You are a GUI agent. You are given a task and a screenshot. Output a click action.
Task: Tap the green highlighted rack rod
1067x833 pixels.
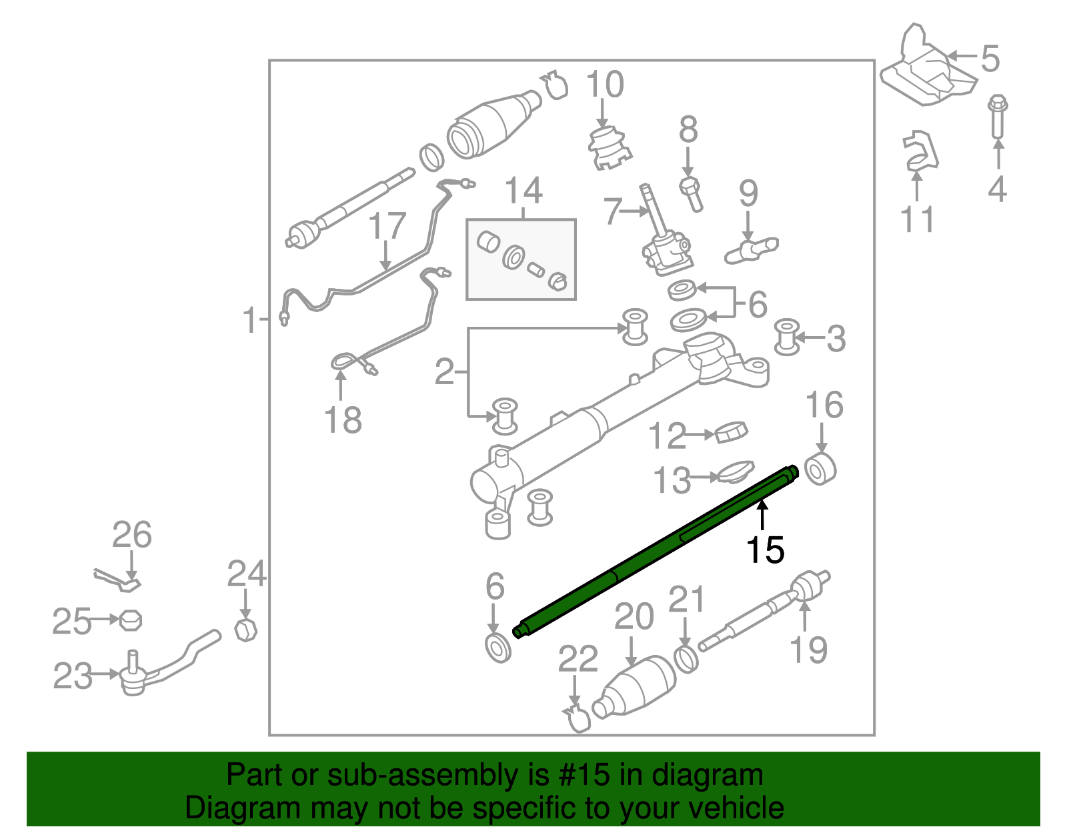(x=656, y=552)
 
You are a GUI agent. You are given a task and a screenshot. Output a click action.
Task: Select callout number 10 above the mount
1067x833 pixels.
(x=605, y=84)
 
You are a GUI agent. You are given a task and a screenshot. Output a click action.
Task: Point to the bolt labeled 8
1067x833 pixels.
(x=692, y=194)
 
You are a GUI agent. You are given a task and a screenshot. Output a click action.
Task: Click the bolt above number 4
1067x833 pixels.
(x=997, y=117)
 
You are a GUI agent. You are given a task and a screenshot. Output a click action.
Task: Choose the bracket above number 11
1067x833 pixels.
(x=920, y=151)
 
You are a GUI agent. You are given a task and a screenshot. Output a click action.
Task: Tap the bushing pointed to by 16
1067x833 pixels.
(x=820, y=470)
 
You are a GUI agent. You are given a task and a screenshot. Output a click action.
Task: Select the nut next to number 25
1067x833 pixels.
(x=131, y=620)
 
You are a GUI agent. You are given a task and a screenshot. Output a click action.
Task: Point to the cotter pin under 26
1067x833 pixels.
(x=117, y=580)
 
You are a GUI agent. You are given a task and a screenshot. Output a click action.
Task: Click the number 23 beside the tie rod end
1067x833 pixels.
(x=72, y=676)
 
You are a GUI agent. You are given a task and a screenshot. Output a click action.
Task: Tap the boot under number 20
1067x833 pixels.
(x=634, y=688)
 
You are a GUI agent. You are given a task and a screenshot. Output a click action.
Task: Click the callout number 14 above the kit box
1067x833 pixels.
(x=523, y=191)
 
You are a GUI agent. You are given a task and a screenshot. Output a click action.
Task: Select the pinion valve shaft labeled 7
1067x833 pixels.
(x=666, y=229)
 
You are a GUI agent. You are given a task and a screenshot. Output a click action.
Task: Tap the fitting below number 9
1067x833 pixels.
(x=752, y=249)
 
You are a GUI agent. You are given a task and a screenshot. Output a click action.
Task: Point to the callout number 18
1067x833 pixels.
(x=343, y=420)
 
